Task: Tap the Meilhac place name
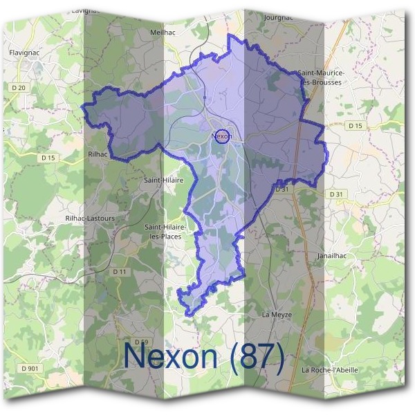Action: click(162, 32)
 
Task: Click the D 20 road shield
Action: click(19, 87)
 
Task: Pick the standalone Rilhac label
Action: click(98, 154)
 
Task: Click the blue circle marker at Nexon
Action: click(221, 136)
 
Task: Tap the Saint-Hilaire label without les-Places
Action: click(163, 180)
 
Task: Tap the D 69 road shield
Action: click(141, 342)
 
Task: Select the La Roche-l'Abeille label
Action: click(330, 370)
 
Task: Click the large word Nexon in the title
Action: click(173, 356)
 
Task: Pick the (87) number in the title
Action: click(258, 356)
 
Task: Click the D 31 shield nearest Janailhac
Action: click(336, 194)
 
